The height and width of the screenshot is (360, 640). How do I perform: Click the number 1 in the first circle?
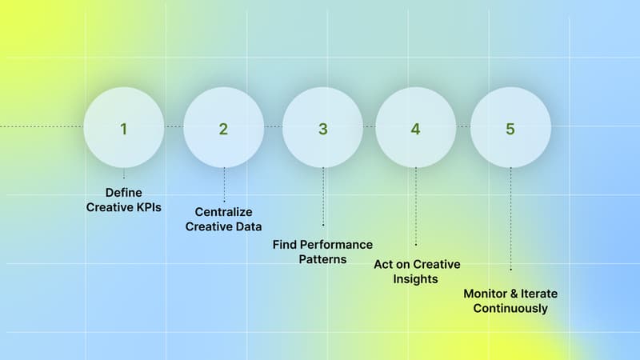pyautogui.click(x=124, y=128)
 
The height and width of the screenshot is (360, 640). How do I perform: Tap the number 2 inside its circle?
pyautogui.click(x=223, y=129)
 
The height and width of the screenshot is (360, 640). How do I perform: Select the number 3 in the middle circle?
pyautogui.click(x=322, y=129)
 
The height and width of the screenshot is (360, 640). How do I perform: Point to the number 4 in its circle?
pyautogui.click(x=415, y=129)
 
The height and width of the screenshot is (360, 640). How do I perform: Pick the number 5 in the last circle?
pyautogui.click(x=510, y=129)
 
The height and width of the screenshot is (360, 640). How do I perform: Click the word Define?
pyautogui.click(x=123, y=192)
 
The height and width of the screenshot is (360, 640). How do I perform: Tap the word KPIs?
pyautogui.click(x=146, y=206)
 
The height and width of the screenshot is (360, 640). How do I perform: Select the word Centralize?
pyautogui.click(x=224, y=212)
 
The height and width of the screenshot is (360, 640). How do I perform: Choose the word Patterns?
pyautogui.click(x=322, y=259)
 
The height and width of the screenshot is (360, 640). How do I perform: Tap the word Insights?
pyautogui.click(x=415, y=278)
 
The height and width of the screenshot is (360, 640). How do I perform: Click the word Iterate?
pyautogui.click(x=539, y=294)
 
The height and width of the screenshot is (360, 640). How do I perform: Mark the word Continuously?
pyautogui.click(x=510, y=308)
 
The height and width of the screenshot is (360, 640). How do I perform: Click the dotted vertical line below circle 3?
pyautogui.click(x=323, y=196)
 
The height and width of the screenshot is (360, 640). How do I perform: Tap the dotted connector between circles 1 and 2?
pyautogui.click(x=174, y=127)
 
